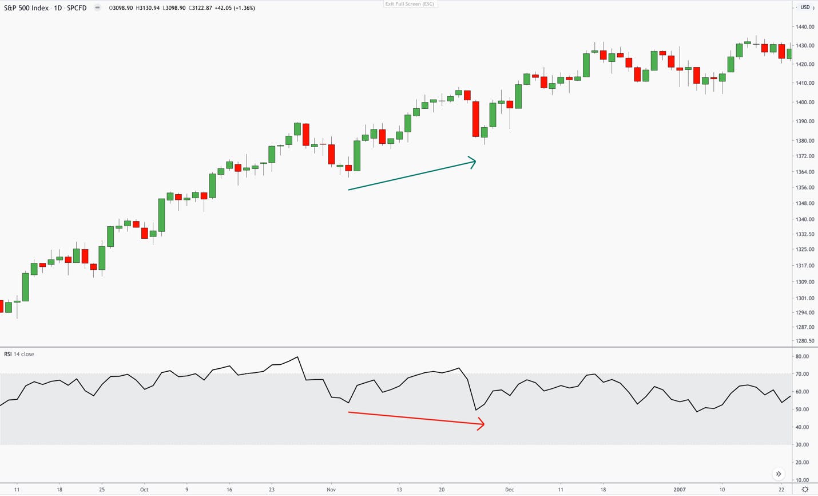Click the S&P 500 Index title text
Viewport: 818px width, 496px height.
pyautogui.click(x=26, y=8)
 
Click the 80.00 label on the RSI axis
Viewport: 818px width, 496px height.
pyautogui.click(x=802, y=356)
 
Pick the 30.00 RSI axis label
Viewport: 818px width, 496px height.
pyautogui.click(x=802, y=445)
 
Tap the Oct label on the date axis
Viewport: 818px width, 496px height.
pyautogui.click(x=144, y=490)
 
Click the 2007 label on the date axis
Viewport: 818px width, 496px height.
pyautogui.click(x=680, y=490)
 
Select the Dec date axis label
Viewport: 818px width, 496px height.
pyautogui.click(x=510, y=490)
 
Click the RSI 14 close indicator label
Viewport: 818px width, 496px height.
pyautogui.click(x=19, y=354)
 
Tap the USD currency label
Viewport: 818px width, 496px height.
pyautogui.click(x=805, y=7)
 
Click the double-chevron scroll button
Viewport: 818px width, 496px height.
pyautogui.click(x=779, y=474)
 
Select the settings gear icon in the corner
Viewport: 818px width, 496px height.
pyautogui.click(x=805, y=490)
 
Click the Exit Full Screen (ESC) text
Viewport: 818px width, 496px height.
pyautogui.click(x=410, y=4)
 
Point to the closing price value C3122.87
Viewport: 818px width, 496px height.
pyautogui.click(x=200, y=8)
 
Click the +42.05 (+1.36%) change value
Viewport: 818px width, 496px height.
pyautogui.click(x=235, y=8)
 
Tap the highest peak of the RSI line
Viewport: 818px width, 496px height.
pyautogui.click(x=297, y=357)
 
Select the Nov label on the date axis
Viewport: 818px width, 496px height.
pyautogui.click(x=331, y=490)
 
